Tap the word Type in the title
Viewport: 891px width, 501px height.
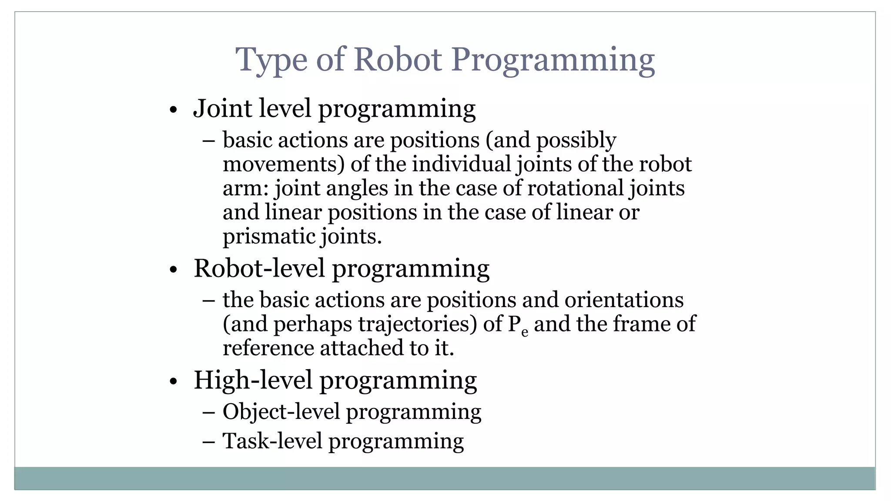(271, 60)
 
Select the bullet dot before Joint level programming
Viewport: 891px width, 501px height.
(174, 110)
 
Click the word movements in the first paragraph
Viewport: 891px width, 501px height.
(283, 164)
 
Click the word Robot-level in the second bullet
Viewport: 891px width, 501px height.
(259, 268)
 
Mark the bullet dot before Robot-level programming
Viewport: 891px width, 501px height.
(174, 270)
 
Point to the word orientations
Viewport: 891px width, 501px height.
(624, 300)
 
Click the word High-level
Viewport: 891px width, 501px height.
(253, 380)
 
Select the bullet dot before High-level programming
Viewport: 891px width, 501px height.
(174, 382)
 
